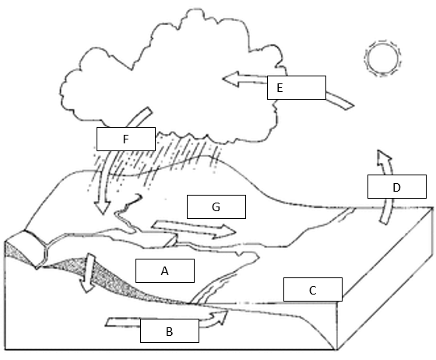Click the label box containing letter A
(165, 270)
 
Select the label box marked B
(170, 330)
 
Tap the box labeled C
(313, 289)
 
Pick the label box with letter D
(397, 187)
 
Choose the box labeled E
(297, 87)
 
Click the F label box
(126, 139)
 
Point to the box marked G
(216, 206)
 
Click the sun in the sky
(382, 58)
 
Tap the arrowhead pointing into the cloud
(230, 79)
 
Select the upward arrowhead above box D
(384, 158)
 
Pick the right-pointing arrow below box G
(194, 229)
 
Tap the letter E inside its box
(280, 88)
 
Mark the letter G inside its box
(216, 207)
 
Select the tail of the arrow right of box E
(350, 106)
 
